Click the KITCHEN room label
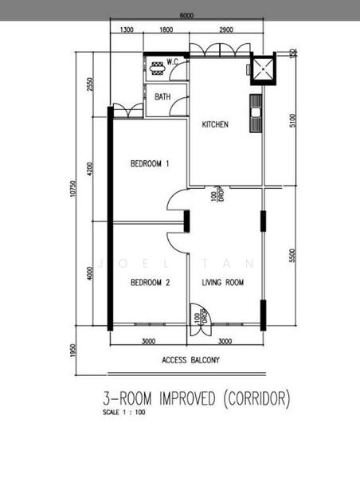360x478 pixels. (x=215, y=124)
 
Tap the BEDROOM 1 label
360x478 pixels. (x=150, y=163)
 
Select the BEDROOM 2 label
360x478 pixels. (x=151, y=283)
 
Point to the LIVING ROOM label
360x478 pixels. (x=223, y=283)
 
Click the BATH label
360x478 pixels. (x=162, y=96)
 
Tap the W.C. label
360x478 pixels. (x=172, y=62)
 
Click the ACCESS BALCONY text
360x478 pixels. (x=190, y=360)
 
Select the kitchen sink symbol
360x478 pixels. (x=256, y=113)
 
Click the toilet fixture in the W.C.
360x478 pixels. (x=157, y=69)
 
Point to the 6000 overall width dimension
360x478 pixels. (x=186, y=15)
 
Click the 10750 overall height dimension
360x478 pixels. (x=72, y=188)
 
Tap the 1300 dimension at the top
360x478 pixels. (x=127, y=29)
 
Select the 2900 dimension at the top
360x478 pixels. (x=226, y=29)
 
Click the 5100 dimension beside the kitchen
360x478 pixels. (x=292, y=120)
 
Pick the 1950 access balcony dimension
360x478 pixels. (x=72, y=351)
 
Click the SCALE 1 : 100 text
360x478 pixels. (x=124, y=412)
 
